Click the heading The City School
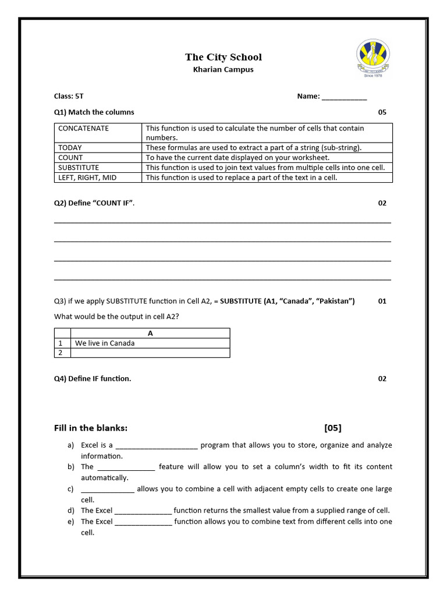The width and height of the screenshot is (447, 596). tap(223, 57)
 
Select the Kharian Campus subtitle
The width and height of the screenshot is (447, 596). tap(223, 70)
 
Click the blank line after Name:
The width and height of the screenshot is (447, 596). tap(344, 97)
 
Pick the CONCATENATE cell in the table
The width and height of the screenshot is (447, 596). tap(83, 129)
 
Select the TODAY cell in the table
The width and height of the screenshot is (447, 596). tap(70, 148)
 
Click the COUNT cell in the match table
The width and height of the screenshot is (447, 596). tap(70, 158)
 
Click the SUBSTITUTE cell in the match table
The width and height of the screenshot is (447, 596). tap(79, 168)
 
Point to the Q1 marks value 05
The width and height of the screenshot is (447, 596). tap(382, 112)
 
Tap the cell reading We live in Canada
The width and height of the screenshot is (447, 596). tap(105, 343)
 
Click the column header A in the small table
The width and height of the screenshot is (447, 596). tap(150, 334)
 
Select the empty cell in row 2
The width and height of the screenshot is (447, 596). tap(150, 353)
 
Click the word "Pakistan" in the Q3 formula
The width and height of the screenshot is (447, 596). tap(335, 301)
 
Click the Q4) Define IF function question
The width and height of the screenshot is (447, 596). tap(93, 379)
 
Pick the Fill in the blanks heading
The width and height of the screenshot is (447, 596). tap(90, 428)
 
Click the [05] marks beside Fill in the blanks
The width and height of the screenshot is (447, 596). tap(333, 428)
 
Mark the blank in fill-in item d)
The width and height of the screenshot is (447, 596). tap(143, 511)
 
